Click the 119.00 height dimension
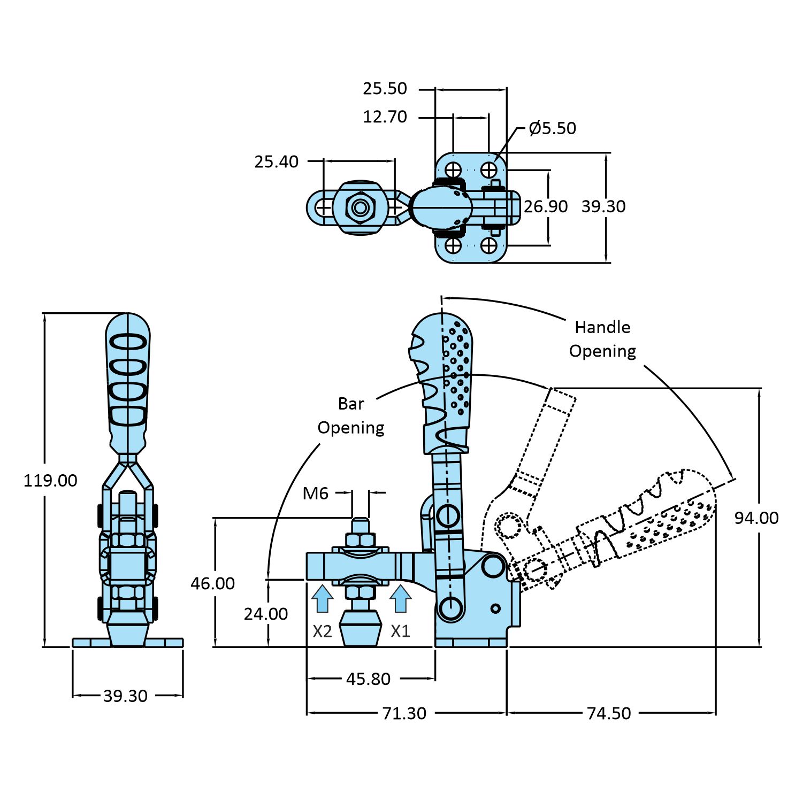pyautogui.click(x=50, y=480)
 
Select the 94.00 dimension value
pyautogui.click(x=756, y=518)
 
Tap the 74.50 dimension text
pyautogui.click(x=609, y=713)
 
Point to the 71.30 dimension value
pyautogui.click(x=404, y=713)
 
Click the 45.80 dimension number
pyautogui.click(x=368, y=679)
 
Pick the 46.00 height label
pyautogui.click(x=212, y=583)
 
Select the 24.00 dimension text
pyautogui.click(x=265, y=614)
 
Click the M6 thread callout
pyautogui.click(x=315, y=493)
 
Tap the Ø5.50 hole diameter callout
pyautogui.click(x=552, y=128)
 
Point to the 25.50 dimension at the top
pyautogui.click(x=385, y=88)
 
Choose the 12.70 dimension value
pyautogui.click(x=385, y=117)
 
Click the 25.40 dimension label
pyautogui.click(x=276, y=161)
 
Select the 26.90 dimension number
pyautogui.click(x=545, y=206)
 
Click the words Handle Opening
pyautogui.click(x=602, y=339)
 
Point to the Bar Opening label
pyautogui.click(x=351, y=415)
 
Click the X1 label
pyautogui.click(x=400, y=631)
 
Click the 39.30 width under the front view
pyautogui.click(x=125, y=696)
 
